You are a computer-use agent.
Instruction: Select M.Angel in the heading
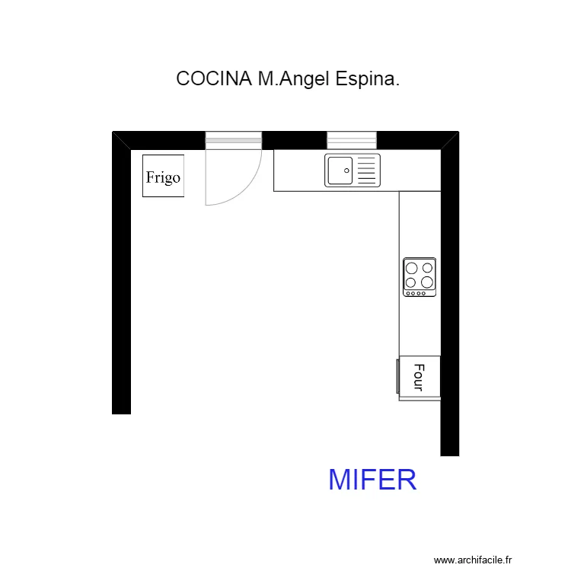(x=291, y=79)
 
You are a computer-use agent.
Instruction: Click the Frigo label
(x=163, y=177)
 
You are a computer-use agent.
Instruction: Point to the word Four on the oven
(x=418, y=377)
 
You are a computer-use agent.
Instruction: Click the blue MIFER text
(x=372, y=480)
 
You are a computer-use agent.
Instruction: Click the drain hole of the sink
(x=346, y=171)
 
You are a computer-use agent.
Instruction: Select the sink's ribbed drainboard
(x=368, y=170)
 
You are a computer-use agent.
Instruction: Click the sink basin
(x=340, y=170)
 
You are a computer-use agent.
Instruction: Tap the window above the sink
(x=352, y=140)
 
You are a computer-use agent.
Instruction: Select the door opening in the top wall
(x=234, y=140)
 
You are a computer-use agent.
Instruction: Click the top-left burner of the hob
(x=412, y=268)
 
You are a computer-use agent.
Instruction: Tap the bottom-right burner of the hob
(x=427, y=282)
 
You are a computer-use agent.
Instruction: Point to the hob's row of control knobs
(x=419, y=293)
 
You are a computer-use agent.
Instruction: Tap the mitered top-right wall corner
(x=450, y=141)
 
